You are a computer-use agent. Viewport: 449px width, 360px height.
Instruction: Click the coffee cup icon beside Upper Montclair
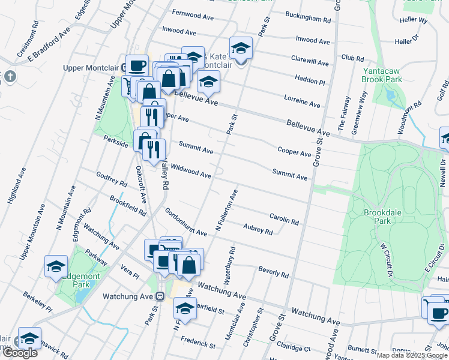pyautogui.click(x=137, y=65)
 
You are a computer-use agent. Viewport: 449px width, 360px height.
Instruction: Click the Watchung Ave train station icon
pyautogui.click(x=160, y=296)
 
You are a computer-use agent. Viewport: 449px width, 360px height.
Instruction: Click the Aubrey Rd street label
pyautogui.click(x=258, y=230)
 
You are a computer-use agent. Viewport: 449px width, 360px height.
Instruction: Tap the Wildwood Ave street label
pyautogui.click(x=190, y=171)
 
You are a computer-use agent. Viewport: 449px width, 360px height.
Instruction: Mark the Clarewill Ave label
pyautogui.click(x=310, y=62)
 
